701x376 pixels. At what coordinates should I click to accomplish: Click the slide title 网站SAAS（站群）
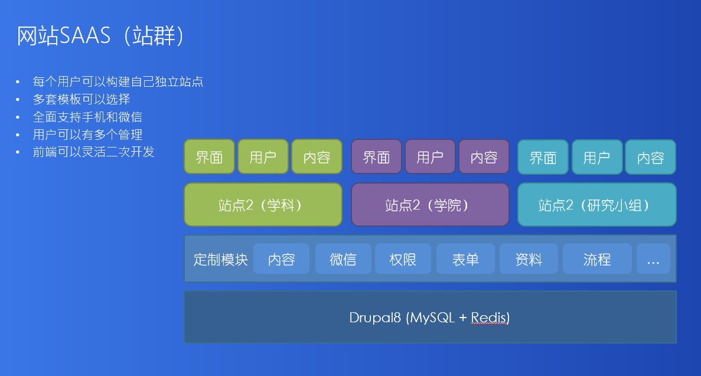click(x=100, y=35)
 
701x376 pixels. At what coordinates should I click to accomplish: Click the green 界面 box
click(x=209, y=156)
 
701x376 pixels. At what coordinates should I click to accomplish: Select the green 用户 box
click(x=263, y=156)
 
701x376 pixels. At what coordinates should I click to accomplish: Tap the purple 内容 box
click(x=484, y=156)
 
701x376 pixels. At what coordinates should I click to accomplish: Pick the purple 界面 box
click(x=376, y=156)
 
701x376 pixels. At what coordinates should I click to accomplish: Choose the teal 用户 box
click(x=597, y=157)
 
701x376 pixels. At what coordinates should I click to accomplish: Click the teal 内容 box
click(x=650, y=157)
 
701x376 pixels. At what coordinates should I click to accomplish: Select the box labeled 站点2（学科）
click(x=263, y=204)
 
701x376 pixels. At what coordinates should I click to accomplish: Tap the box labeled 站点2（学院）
click(x=430, y=204)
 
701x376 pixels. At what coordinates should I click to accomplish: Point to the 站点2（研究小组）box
click(x=597, y=204)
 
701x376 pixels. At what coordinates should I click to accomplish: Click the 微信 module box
click(x=343, y=259)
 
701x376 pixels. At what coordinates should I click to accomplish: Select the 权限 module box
click(x=403, y=259)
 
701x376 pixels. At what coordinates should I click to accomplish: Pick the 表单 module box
click(x=465, y=259)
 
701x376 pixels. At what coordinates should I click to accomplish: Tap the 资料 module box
click(x=529, y=259)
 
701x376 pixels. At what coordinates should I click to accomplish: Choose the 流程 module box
click(x=597, y=259)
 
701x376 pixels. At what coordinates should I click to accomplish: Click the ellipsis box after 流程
click(x=653, y=259)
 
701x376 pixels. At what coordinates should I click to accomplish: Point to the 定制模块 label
click(x=220, y=259)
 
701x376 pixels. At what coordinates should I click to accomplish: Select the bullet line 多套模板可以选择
click(x=81, y=99)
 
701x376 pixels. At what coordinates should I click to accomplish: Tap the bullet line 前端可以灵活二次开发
click(x=93, y=152)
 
